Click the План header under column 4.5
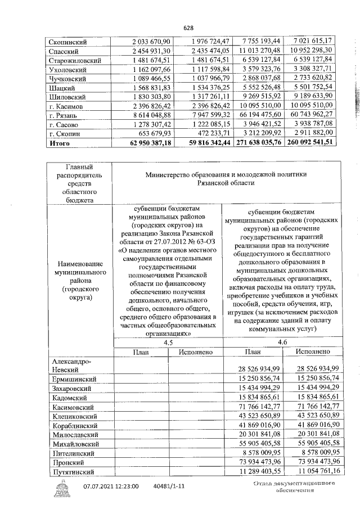(140, 352)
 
